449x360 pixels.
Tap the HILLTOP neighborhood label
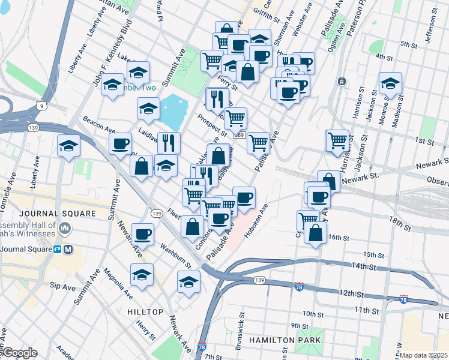click(145, 312)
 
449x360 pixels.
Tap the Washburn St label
click(175, 254)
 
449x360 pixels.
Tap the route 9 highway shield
click(41, 106)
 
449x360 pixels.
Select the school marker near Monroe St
click(390, 84)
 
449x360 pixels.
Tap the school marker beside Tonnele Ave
click(68, 145)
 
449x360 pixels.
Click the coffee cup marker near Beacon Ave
click(121, 143)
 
